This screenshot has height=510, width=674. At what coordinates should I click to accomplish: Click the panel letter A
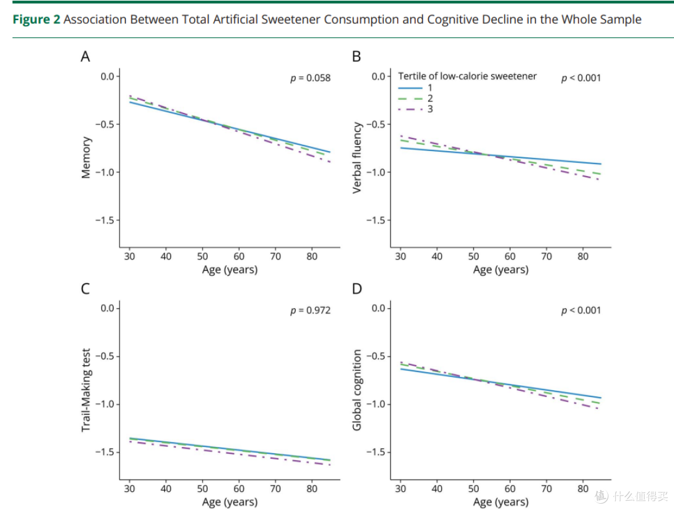[85, 56]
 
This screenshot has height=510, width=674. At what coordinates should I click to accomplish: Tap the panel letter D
[357, 288]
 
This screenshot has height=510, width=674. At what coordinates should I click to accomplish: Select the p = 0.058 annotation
[310, 78]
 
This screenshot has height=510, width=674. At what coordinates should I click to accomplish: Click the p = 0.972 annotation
[310, 310]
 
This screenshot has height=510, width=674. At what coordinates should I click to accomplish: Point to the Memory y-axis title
[86, 157]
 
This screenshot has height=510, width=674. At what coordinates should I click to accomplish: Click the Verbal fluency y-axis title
[357, 157]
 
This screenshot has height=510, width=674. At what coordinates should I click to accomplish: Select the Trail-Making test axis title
[86, 390]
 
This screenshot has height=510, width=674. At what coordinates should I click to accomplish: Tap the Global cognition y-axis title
[357, 390]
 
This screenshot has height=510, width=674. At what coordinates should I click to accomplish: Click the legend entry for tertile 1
[415, 88]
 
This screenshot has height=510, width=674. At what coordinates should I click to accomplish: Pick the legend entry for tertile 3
[415, 109]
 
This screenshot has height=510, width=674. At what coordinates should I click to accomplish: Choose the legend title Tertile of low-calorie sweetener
[467, 76]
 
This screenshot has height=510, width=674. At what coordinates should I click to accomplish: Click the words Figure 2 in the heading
[37, 19]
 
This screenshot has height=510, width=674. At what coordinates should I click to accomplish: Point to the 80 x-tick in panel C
[312, 489]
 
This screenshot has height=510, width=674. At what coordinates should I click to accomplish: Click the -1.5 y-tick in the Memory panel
[105, 220]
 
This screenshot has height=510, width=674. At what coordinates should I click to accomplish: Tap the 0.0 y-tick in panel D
[379, 308]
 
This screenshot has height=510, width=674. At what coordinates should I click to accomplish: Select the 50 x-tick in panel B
[473, 257]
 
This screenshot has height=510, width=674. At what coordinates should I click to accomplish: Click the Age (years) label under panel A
[230, 270]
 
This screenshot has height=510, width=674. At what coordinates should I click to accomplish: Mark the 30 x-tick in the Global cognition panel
[400, 489]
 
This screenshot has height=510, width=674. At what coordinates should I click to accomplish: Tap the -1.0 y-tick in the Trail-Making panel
[105, 405]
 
